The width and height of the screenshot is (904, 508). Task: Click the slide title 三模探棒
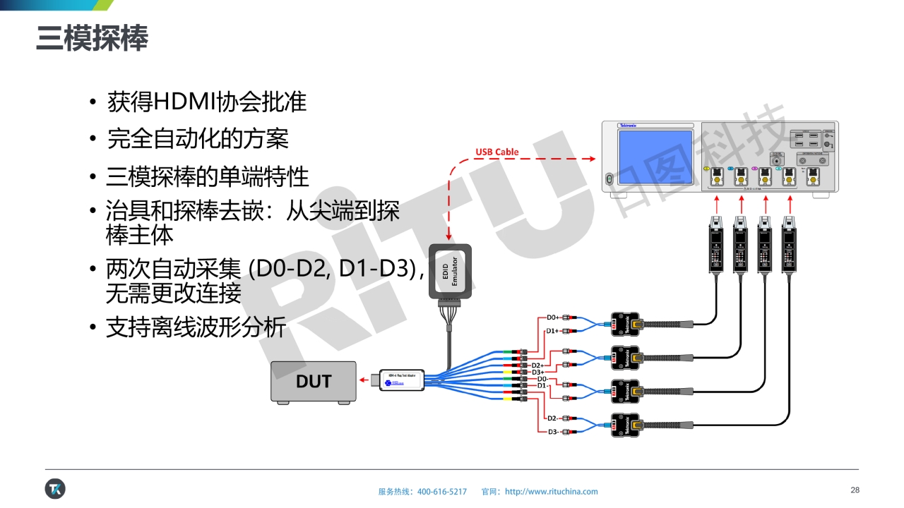[93, 40]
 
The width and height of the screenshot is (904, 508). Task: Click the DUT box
[314, 382]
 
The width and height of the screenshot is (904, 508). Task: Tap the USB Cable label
[496, 152]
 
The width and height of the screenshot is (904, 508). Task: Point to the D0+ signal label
[553, 317]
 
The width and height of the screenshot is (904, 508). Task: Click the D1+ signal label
[553, 331]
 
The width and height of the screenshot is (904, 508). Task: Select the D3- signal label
[554, 432]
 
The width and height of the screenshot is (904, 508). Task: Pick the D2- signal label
[554, 418]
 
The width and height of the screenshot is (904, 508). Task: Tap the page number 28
[855, 490]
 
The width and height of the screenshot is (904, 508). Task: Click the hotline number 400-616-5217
[442, 492]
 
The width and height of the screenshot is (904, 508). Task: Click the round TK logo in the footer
[55, 488]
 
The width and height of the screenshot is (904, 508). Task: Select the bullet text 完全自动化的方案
[198, 138]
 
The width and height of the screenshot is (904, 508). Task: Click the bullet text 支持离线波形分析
[196, 327]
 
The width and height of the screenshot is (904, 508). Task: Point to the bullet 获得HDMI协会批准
[206, 102]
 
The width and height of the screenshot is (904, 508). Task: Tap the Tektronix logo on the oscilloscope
[628, 126]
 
